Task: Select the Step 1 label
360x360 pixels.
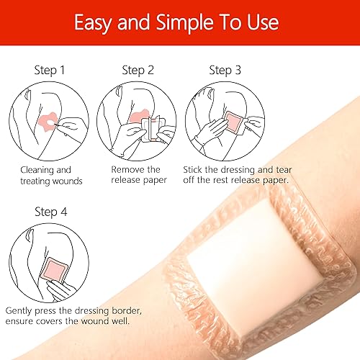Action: (49, 71)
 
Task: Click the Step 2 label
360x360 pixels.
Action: (138, 71)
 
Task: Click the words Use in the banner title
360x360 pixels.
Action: (262, 23)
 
